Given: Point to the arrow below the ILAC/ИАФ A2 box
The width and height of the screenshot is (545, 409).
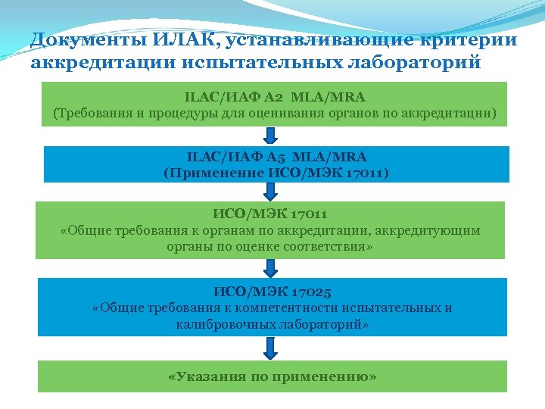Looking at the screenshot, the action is coord(271,136).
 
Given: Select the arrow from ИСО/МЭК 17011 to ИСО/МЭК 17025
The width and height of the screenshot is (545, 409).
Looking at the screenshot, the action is coord(271,268).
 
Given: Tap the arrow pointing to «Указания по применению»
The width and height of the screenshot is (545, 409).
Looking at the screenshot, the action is coord(271,348).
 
